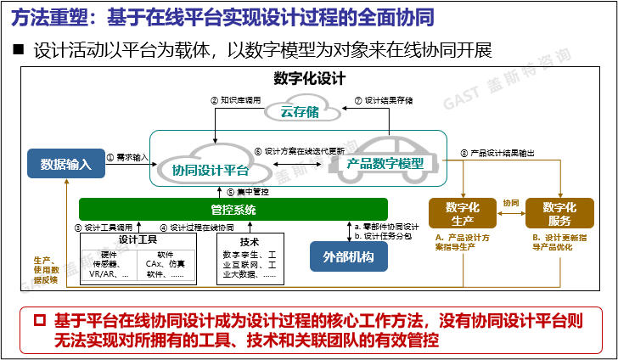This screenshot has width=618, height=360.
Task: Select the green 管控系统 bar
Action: pos(233,209)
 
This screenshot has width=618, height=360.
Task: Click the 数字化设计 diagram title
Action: pos(309,79)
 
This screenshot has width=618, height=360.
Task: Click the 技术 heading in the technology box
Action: pos(250,240)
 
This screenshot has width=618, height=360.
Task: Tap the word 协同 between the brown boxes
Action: pos(510,204)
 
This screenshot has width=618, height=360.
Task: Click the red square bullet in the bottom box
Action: pos(37,321)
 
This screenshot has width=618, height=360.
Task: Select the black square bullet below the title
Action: pos(17,50)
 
